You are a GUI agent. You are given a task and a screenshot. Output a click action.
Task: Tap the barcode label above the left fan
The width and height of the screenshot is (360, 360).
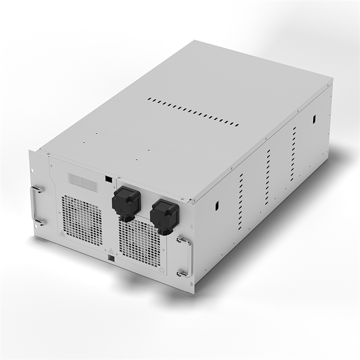(82, 182)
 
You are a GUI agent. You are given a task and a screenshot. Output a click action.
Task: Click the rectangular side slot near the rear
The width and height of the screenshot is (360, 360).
(314, 119)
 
